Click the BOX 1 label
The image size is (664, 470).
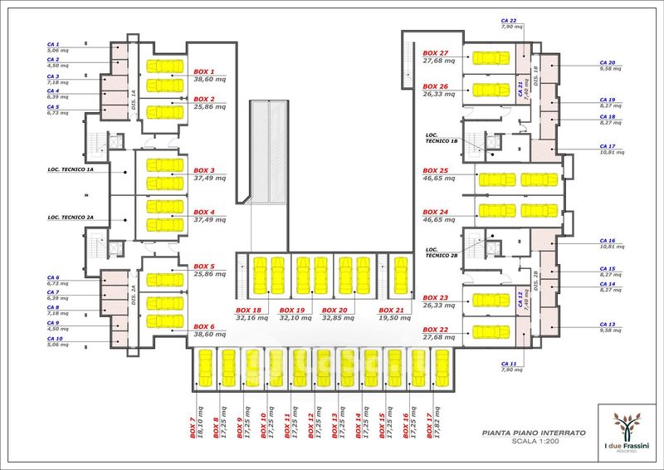click(x=204, y=72)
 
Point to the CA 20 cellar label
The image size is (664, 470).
click(x=607, y=62)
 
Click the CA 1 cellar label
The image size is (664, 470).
click(x=53, y=44)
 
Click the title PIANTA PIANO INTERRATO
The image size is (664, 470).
click(x=534, y=433)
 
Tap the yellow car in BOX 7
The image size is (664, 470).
click(x=203, y=368)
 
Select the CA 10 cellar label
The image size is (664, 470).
click(x=55, y=339)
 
